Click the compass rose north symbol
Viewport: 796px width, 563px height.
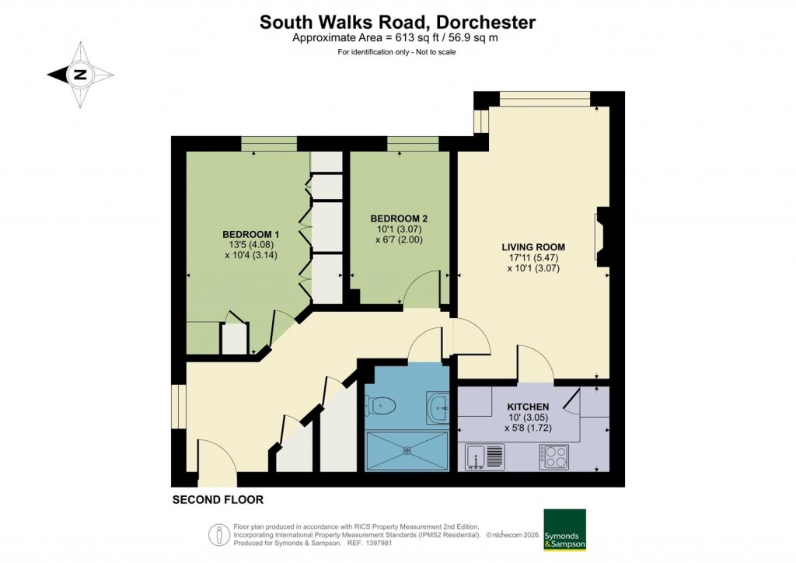79,75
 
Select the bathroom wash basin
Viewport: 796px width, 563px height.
438,405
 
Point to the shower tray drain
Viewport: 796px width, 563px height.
407,449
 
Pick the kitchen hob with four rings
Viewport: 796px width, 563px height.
553,456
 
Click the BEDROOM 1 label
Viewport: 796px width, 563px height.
250,234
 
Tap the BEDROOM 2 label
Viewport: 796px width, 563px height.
397,218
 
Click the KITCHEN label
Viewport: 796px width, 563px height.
529,407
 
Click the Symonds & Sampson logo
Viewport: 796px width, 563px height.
564,530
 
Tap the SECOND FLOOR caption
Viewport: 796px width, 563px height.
218,500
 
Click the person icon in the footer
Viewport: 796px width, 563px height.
218,534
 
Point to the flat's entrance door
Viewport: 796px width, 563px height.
215,459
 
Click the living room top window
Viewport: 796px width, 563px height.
544,97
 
